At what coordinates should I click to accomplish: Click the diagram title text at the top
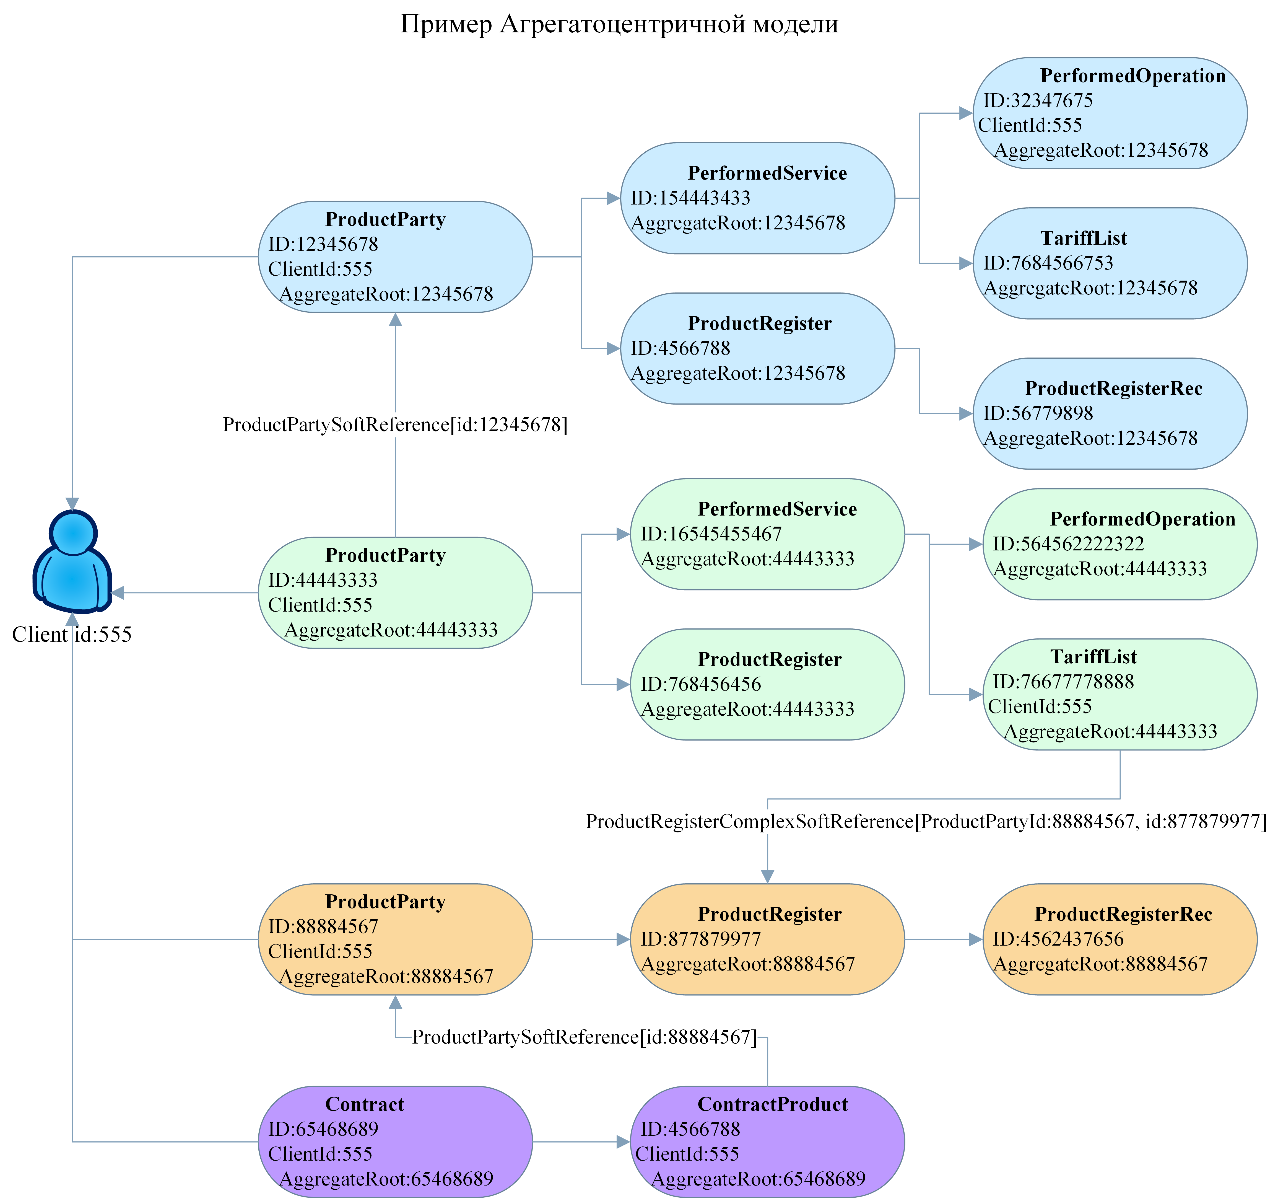[619, 24]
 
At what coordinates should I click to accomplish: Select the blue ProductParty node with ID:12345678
[395, 257]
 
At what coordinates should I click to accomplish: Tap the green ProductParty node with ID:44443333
[395, 593]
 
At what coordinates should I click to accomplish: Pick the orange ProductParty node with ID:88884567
[395, 939]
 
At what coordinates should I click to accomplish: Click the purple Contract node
[395, 1142]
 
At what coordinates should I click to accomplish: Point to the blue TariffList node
[1110, 263]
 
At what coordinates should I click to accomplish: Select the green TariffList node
[1120, 694]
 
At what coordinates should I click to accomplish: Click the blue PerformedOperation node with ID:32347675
[1110, 113]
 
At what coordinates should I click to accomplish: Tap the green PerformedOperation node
[1120, 545]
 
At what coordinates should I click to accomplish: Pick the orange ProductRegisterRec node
[1120, 939]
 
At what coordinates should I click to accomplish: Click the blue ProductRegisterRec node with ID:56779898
[1110, 413]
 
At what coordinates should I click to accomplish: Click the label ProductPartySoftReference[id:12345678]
[395, 425]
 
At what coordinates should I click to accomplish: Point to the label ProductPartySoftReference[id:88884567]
[584, 1037]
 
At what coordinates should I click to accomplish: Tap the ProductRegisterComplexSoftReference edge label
[926, 822]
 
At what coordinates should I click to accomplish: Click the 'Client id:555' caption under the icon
[72, 635]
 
